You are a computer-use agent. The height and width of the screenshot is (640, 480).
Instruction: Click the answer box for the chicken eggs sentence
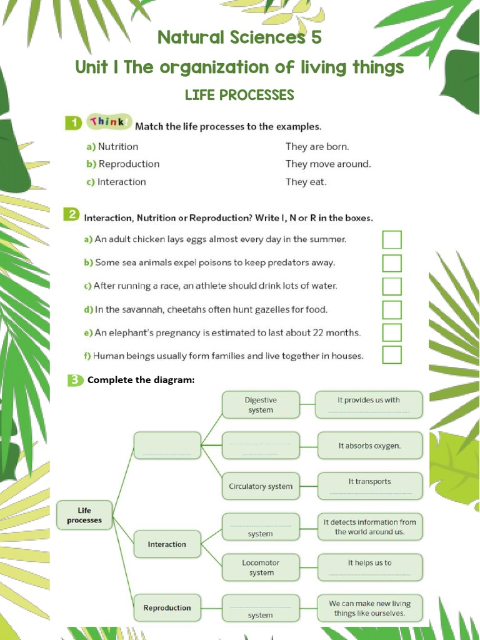[392, 240]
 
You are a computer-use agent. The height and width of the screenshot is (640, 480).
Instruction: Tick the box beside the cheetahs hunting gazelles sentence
[392, 309]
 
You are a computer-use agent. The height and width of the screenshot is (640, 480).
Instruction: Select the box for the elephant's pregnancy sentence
[392, 332]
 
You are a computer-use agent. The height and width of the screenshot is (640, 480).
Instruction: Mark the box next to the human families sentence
[392, 355]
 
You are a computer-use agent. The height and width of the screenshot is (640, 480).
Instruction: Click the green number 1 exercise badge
[74, 123]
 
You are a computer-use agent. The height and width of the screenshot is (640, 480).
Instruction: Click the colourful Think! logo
[109, 122]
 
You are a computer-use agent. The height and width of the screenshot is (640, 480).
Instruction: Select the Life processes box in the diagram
[84, 515]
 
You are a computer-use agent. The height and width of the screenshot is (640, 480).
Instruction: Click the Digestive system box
[261, 405]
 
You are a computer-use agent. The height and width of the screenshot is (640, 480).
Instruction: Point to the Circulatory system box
[261, 486]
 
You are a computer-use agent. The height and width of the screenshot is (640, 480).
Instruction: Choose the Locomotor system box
[261, 567]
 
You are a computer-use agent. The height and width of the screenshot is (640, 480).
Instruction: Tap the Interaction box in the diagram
[167, 544]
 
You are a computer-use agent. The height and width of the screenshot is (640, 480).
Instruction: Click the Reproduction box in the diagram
[167, 607]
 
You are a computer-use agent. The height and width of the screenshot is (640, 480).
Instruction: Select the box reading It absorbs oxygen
[369, 446]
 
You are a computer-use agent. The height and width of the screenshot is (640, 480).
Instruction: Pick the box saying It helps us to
[369, 567]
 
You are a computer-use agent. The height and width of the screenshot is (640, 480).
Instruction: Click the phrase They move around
[328, 164]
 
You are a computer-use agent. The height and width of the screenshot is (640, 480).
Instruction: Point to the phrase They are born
[317, 146]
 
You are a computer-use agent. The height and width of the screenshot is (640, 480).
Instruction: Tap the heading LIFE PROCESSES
[239, 95]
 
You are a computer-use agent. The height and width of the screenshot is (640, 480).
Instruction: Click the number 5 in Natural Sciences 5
[316, 37]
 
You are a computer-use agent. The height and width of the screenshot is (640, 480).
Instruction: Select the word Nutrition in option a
[118, 146]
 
